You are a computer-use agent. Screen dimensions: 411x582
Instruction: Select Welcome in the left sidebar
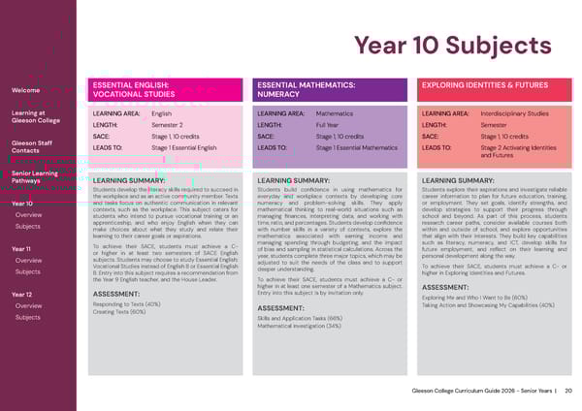tap(24, 91)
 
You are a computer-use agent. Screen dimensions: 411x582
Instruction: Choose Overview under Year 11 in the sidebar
tap(28, 260)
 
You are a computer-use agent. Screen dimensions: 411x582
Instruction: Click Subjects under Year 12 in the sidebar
tap(28, 317)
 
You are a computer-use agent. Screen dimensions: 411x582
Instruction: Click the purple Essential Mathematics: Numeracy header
tap(330, 91)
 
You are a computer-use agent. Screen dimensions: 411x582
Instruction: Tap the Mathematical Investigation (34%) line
tap(300, 326)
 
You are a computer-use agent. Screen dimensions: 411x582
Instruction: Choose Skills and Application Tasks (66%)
tap(300, 318)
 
